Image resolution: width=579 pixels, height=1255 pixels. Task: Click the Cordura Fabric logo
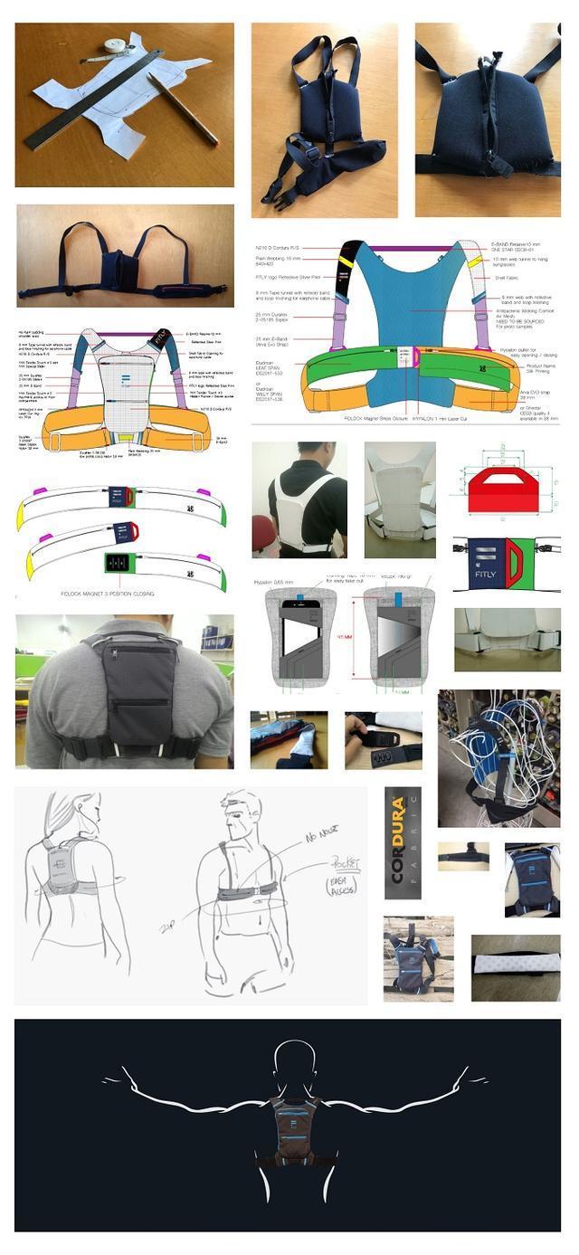pos(402,843)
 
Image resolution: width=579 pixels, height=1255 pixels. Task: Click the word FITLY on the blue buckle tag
pos(485,572)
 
